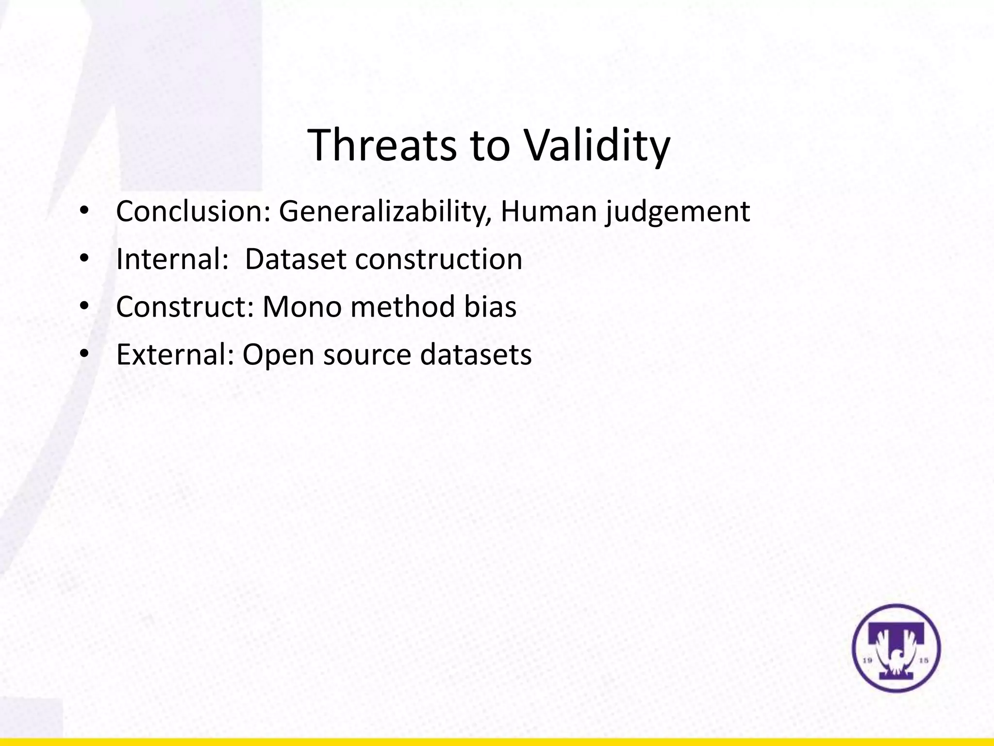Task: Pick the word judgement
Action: (x=678, y=212)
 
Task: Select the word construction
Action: (x=438, y=259)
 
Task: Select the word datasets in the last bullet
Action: (x=476, y=354)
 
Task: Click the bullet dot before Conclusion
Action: (x=84, y=211)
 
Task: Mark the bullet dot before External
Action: (x=84, y=354)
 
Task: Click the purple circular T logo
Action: (x=896, y=648)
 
